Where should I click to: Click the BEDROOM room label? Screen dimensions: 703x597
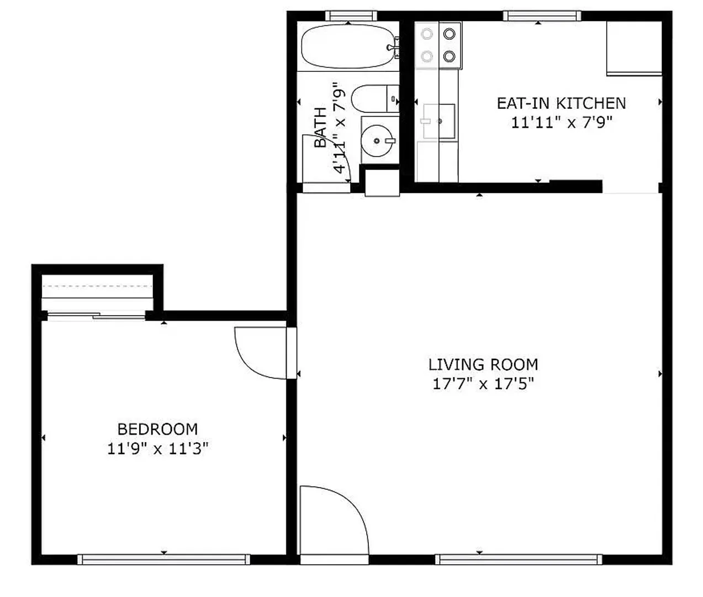pyautogui.click(x=157, y=429)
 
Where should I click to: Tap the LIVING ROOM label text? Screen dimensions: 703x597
pyautogui.click(x=483, y=365)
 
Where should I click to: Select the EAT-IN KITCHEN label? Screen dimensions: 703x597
pyautogui.click(x=562, y=103)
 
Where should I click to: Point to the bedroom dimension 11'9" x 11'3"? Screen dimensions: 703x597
pyautogui.click(x=157, y=449)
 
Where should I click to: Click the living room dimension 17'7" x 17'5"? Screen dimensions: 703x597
pyautogui.click(x=483, y=384)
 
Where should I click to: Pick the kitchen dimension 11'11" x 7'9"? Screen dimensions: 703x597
pyautogui.click(x=562, y=123)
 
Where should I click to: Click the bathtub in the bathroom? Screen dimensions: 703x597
pyautogui.click(x=349, y=46)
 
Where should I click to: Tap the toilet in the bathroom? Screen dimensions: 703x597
pyautogui.click(x=375, y=99)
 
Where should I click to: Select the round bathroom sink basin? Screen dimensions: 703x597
pyautogui.click(x=378, y=140)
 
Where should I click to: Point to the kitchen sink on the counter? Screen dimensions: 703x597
pyautogui.click(x=438, y=121)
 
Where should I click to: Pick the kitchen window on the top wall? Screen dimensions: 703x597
pyautogui.click(x=542, y=15)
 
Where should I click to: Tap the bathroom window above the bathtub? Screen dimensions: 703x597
pyautogui.click(x=351, y=15)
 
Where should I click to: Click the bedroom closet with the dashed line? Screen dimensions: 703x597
pyautogui.click(x=97, y=292)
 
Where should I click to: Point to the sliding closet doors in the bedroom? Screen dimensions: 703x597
pyautogui.click(x=97, y=316)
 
